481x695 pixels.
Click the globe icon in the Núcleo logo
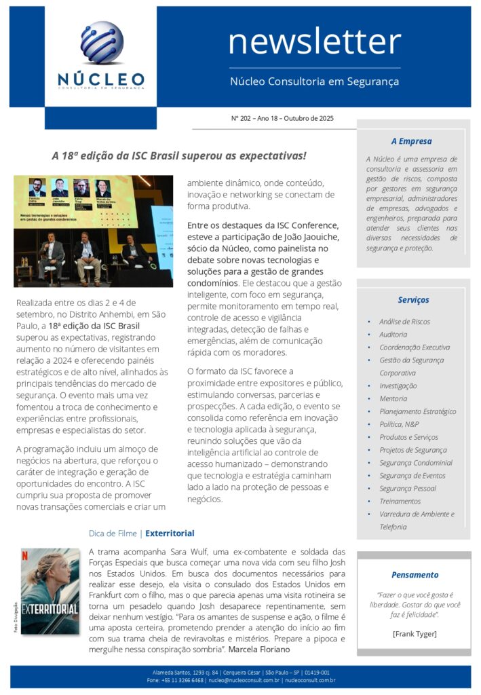[101, 43]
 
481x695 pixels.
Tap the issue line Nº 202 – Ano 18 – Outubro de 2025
[282, 118]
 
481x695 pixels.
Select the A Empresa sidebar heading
[411, 141]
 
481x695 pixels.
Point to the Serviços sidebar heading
[413, 299]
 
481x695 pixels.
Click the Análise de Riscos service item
[404, 322]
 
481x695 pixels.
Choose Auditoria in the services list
[393, 335]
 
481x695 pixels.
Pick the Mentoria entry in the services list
[393, 398]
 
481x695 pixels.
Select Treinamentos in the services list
[400, 501]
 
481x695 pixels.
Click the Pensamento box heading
[415, 574]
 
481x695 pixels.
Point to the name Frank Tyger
[415, 634]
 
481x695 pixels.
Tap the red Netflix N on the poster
[25, 554]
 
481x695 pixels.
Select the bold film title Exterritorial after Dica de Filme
[170, 533]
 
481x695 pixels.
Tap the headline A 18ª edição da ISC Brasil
[179, 156]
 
